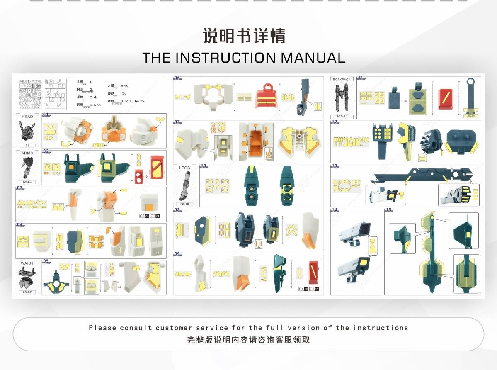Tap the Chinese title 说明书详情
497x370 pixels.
tap(244, 36)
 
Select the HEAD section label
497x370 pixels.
tap(27, 117)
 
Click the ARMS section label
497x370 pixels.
tap(27, 153)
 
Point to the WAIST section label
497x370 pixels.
tap(27, 263)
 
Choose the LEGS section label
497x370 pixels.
tap(185, 168)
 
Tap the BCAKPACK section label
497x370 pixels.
tap(341, 79)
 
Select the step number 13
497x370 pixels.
tap(335, 166)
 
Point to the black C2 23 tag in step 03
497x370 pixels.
tap(144, 216)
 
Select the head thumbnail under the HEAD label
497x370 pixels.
tap(27, 131)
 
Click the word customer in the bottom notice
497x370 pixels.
tap(174, 328)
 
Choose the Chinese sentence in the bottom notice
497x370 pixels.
tap(248, 340)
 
